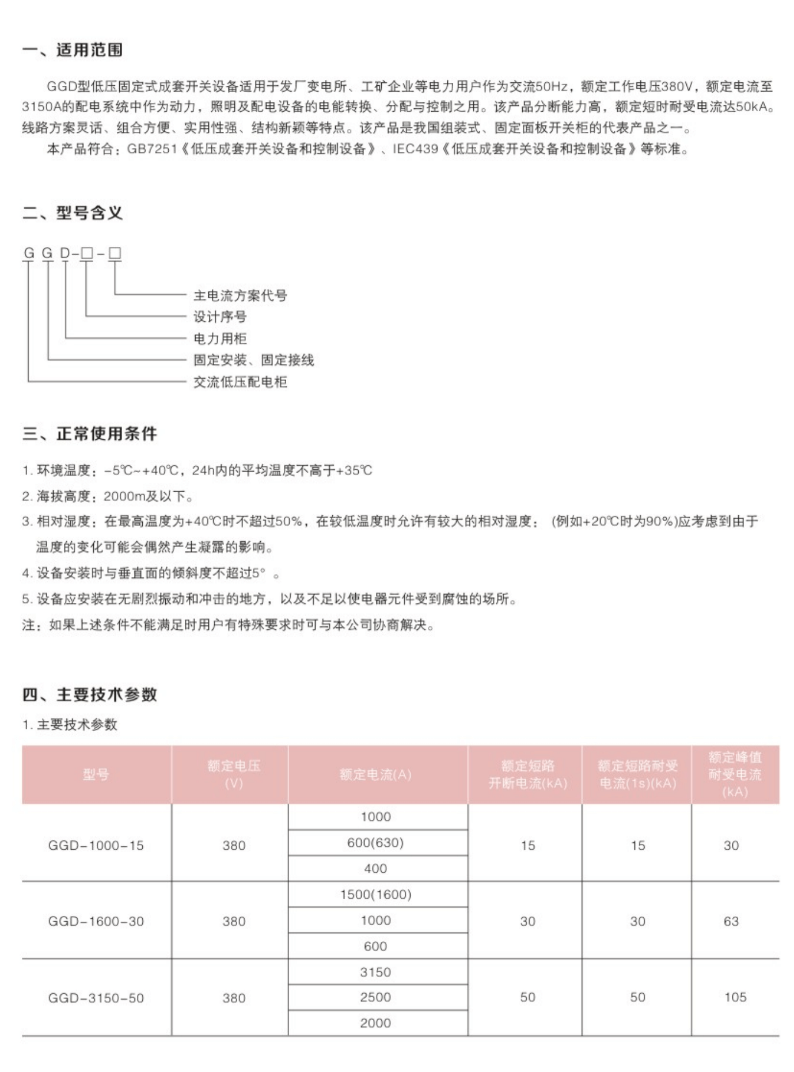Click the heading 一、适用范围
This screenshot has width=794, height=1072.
coord(73,50)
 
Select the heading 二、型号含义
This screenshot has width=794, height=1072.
coord(73,214)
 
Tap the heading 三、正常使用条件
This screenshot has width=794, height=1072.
coord(89,434)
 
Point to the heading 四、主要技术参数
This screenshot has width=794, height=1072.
coord(89,694)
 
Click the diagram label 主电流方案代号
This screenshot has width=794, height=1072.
coord(240,295)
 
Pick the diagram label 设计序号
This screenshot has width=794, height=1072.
coord(220,317)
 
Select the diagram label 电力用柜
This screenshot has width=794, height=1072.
coord(220,339)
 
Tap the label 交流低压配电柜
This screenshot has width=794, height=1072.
coord(240,382)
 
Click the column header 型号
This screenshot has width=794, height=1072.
coord(96,774)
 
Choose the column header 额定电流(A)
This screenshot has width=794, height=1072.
coord(375,774)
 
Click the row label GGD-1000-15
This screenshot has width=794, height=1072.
coord(96,845)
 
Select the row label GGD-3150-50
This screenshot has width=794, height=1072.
coord(96,998)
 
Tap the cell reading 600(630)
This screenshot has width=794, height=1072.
coord(375,843)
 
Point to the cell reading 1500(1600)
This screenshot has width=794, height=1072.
coord(375,895)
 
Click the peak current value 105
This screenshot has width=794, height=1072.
coord(735,997)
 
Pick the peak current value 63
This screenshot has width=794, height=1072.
coord(731,921)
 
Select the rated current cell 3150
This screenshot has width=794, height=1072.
coord(375,972)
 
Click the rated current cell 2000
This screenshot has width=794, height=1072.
coord(375,1023)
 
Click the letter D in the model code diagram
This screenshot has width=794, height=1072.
coord(65,253)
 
